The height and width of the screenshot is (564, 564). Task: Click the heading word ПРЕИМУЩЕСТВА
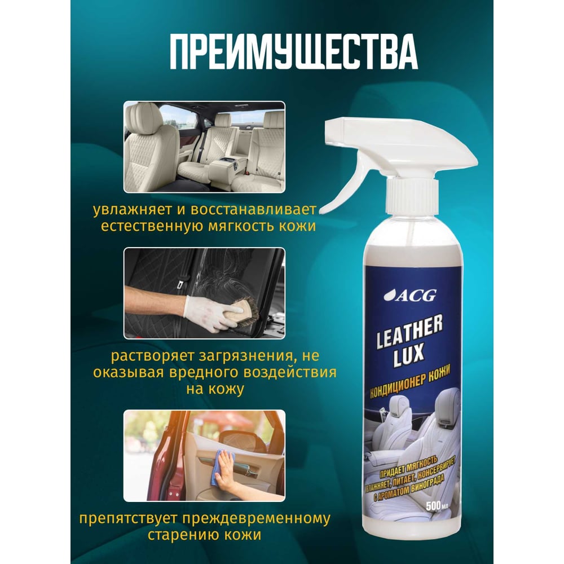click(294, 52)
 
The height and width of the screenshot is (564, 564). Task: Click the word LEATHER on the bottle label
click(409, 333)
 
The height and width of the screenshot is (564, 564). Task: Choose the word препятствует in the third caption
click(128, 519)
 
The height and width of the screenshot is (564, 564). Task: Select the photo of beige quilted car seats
click(204, 147)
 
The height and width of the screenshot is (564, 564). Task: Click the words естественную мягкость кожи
click(208, 226)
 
